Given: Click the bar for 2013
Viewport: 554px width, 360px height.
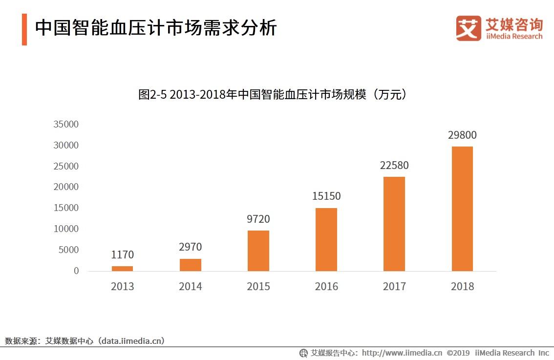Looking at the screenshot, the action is (x=122, y=269).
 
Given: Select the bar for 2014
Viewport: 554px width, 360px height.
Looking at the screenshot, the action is (x=191, y=265).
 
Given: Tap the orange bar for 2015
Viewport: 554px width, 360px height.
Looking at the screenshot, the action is (x=258, y=251).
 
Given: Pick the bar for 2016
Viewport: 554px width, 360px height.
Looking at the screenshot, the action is (x=326, y=239).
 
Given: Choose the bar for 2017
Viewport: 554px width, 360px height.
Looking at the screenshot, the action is (x=394, y=224).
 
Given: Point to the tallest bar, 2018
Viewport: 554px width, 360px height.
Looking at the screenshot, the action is (x=462, y=209).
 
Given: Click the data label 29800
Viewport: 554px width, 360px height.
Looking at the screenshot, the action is (x=462, y=135).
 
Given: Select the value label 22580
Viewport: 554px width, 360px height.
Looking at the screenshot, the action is (x=394, y=165).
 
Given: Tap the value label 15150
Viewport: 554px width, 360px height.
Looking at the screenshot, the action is (x=326, y=196).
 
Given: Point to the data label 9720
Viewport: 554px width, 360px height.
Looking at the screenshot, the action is (x=258, y=219).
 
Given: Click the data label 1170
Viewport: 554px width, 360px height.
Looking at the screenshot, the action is (x=123, y=254).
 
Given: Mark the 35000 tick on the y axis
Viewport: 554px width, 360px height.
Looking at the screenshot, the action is (x=66, y=125).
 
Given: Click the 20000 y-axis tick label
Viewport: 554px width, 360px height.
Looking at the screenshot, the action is (x=66, y=187).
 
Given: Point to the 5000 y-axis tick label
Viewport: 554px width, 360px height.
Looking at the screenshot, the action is (x=68, y=250).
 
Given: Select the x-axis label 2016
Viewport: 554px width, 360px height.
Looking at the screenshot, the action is (x=326, y=286).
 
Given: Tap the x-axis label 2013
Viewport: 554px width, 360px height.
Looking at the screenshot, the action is (x=123, y=286).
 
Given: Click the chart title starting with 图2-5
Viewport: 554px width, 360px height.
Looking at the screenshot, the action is (x=273, y=94).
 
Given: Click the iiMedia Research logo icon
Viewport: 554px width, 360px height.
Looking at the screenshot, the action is (x=469, y=28).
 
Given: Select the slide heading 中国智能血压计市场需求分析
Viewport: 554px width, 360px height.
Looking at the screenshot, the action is (x=155, y=27).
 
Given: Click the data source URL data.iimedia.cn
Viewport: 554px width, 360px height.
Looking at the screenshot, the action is (x=131, y=341).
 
